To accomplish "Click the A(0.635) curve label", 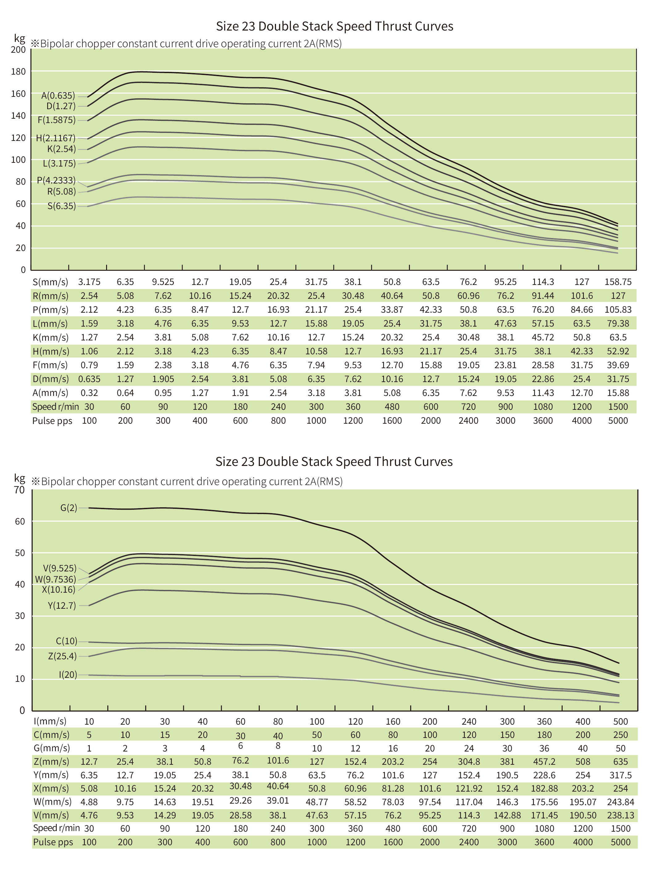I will (x=58, y=96).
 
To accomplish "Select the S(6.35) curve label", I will (x=62, y=206).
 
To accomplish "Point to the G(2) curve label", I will (x=69, y=508).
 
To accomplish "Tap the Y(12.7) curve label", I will (x=62, y=605).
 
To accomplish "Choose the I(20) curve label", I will (x=68, y=675).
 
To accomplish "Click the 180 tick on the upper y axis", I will (x=18, y=72).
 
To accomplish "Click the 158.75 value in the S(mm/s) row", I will (x=618, y=282).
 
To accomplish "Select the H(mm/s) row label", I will (x=51, y=351).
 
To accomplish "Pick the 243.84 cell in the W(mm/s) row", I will (x=620, y=802).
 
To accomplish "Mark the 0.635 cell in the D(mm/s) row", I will (x=89, y=379).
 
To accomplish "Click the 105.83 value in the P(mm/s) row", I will (x=618, y=310).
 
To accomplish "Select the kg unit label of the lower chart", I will (x=19, y=478).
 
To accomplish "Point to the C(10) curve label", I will (x=66, y=641).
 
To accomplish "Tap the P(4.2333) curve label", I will (x=56, y=180).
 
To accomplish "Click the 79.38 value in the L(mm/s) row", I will (x=618, y=323).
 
